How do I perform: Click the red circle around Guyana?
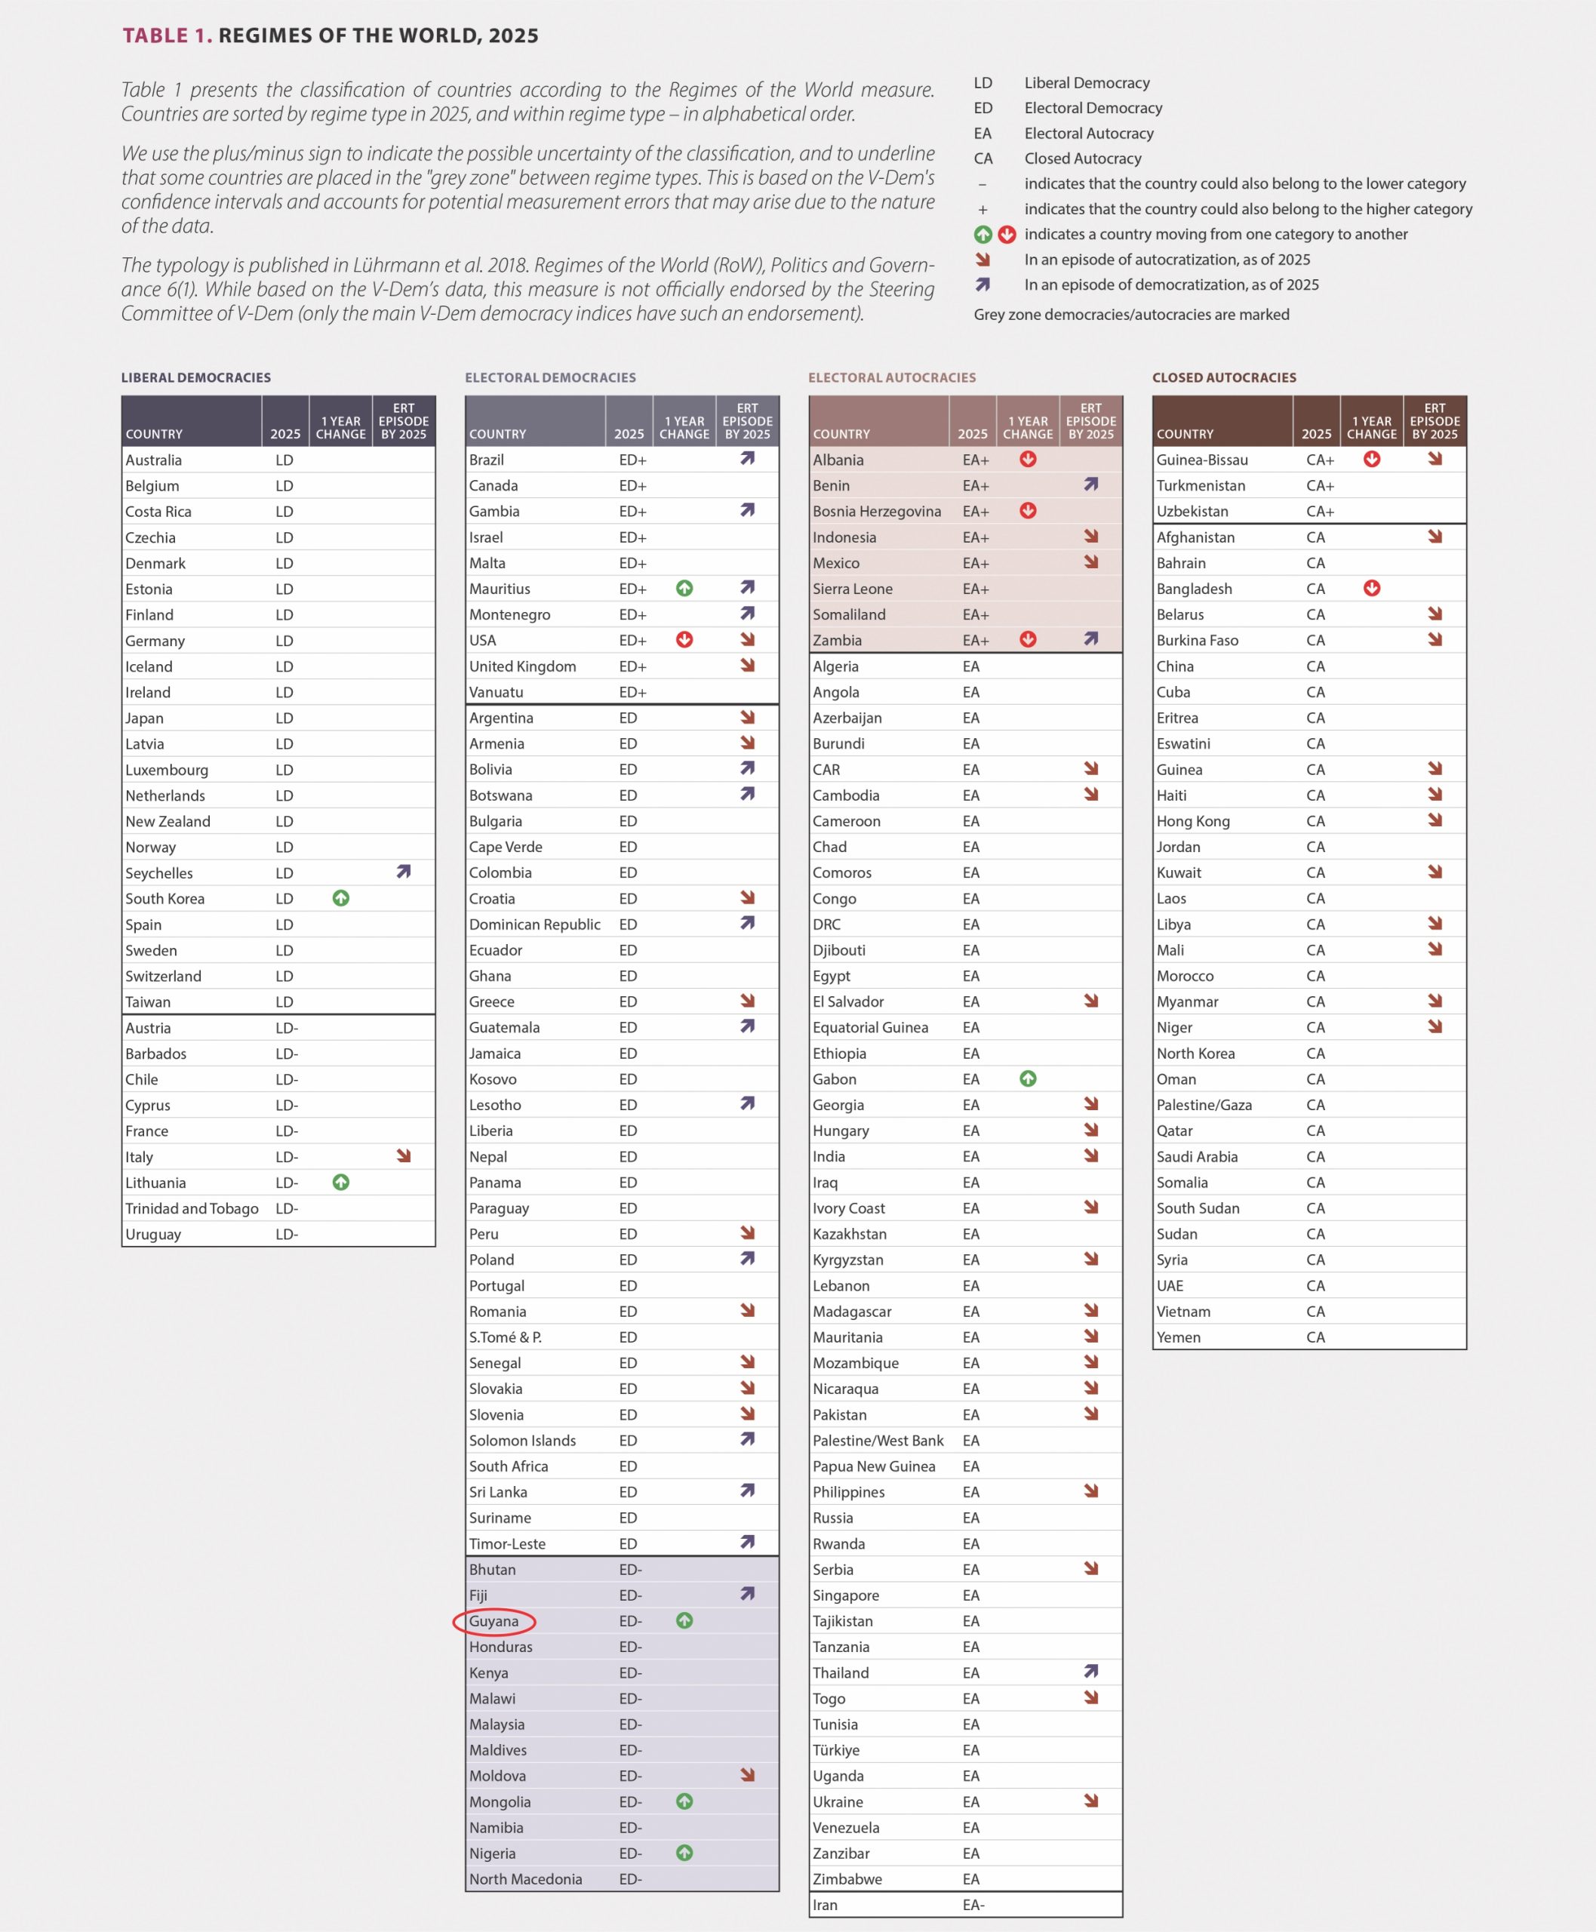tap(494, 1621)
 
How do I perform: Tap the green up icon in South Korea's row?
tap(341, 898)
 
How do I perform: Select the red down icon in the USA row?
tap(684, 640)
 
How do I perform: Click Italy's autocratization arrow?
tap(404, 1156)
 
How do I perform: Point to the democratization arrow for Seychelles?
tap(404, 872)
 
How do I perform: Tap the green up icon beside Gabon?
tap(1028, 1078)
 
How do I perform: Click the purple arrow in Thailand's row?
tap(1091, 1672)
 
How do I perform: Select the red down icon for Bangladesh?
tap(1372, 589)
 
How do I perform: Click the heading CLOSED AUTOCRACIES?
tap(1224, 378)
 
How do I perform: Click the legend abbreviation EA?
tap(983, 134)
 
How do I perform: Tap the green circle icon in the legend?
tap(983, 235)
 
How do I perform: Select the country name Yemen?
tap(1178, 1338)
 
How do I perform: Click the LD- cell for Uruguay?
tap(287, 1234)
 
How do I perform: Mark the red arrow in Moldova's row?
tap(747, 1775)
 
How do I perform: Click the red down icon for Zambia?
tap(1028, 640)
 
